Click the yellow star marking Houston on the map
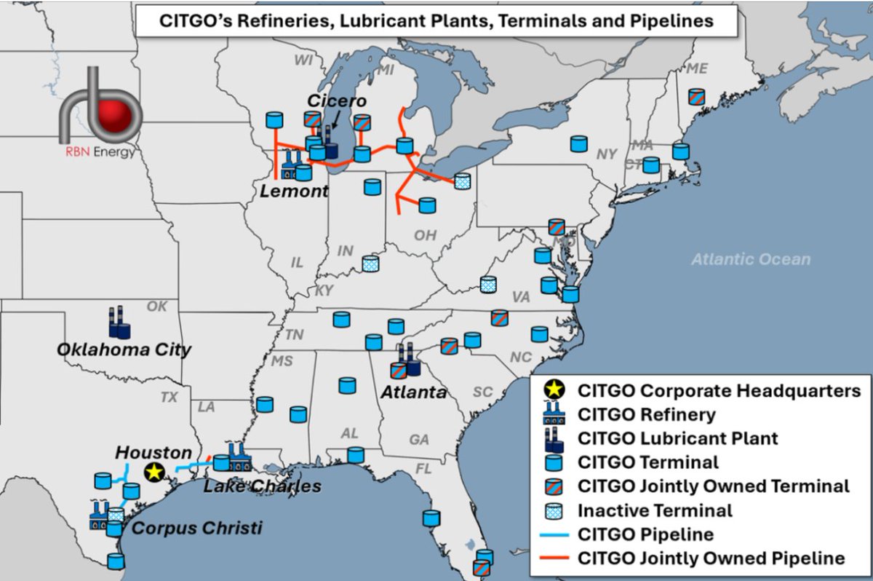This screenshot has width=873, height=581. (154, 473)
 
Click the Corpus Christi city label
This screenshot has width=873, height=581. (197, 527)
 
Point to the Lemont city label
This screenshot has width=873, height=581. (294, 191)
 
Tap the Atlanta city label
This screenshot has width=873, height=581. (412, 392)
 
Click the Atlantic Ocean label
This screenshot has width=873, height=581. (750, 259)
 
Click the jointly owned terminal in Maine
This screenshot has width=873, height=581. (696, 96)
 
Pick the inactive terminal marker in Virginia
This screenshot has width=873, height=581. (488, 284)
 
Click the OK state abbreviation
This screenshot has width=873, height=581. (156, 307)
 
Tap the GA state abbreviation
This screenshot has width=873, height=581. (418, 440)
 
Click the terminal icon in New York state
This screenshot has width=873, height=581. (578, 143)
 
